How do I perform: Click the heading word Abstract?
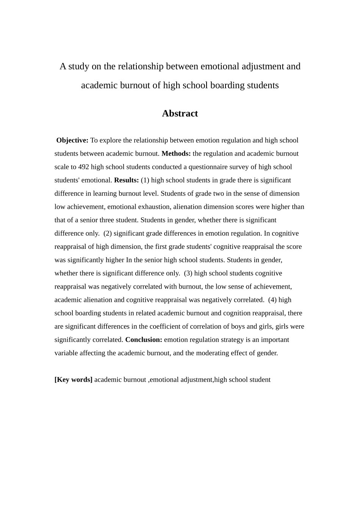tap(180, 114)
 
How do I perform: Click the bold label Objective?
tap(72, 141)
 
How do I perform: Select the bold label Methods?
tap(176, 154)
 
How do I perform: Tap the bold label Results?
tap(127, 180)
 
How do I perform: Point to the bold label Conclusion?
tap(144, 340)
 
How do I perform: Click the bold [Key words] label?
tap(74, 380)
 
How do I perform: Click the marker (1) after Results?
tap(145, 180)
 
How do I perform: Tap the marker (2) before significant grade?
tap(108, 233)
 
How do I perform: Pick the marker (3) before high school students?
tap(188, 273)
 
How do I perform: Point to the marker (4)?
tap(272, 300)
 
